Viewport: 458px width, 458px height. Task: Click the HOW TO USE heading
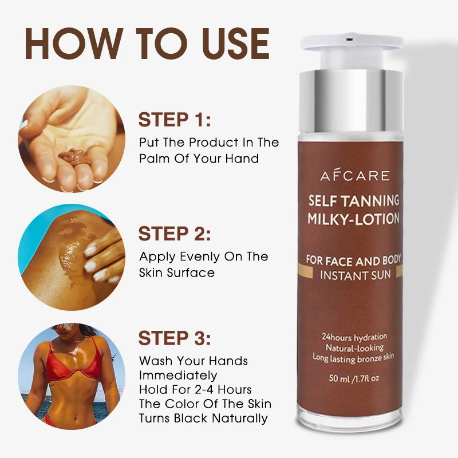[x=147, y=44]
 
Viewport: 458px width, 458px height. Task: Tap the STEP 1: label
[x=175, y=121]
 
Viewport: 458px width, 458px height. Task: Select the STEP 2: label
[x=175, y=234]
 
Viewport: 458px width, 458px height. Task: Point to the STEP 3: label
[x=175, y=338]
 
